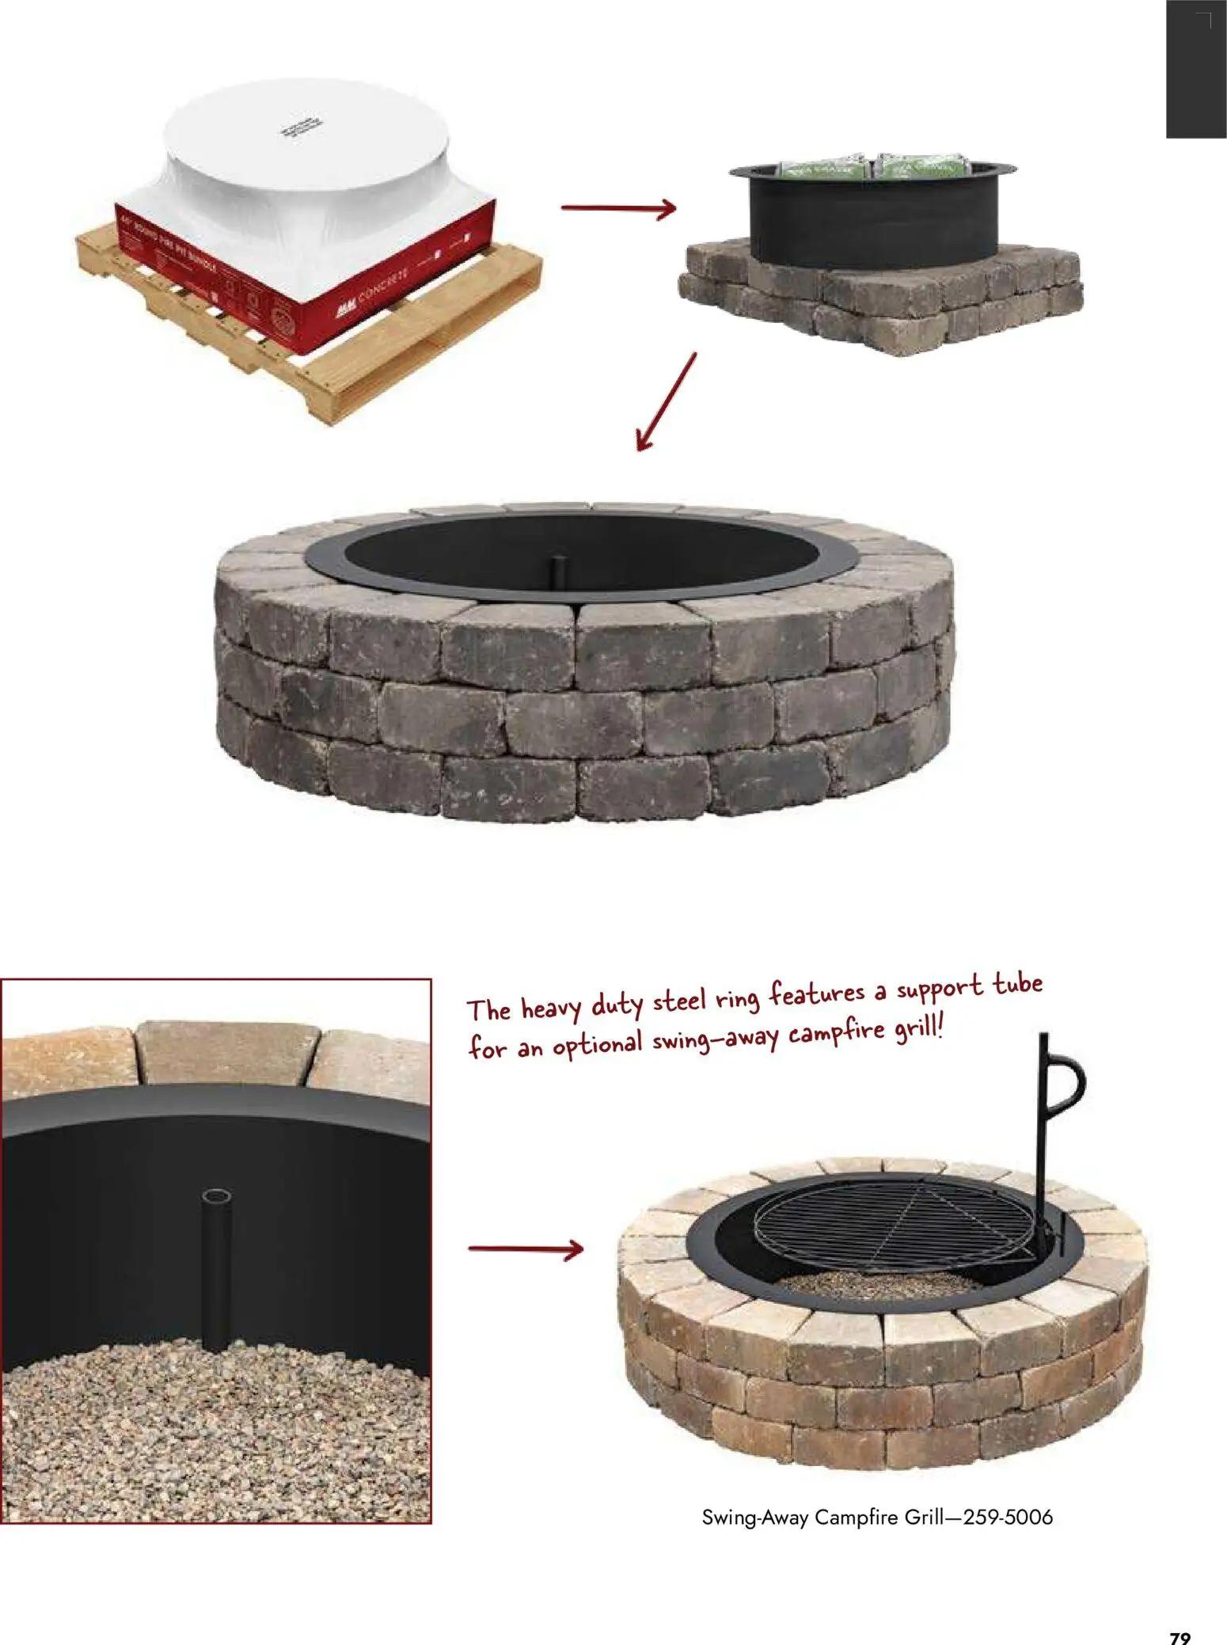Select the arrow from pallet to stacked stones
618,209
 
